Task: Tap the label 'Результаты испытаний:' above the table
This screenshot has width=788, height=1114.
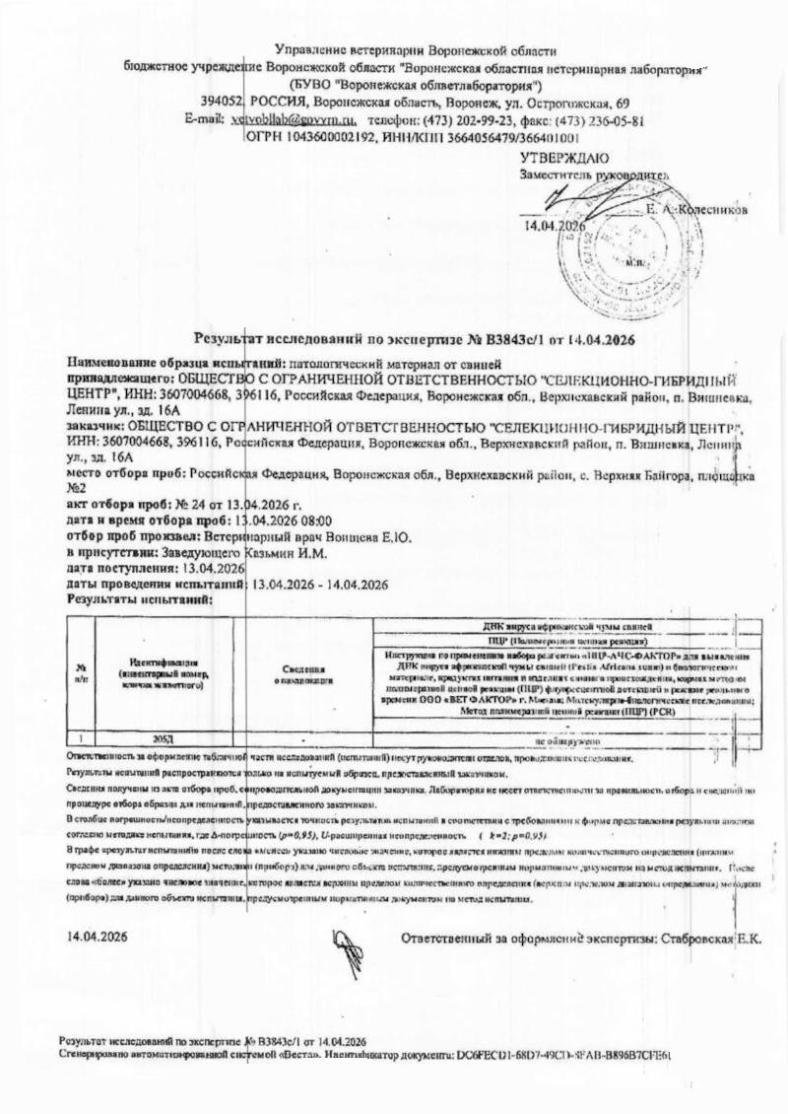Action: point(139,598)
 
